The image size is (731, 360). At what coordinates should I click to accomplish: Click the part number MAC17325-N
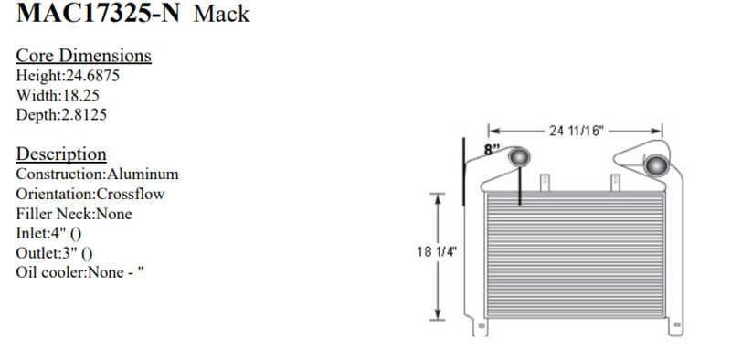98,13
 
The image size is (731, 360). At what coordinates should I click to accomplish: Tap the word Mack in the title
221,14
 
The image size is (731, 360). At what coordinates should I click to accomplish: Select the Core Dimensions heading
84,56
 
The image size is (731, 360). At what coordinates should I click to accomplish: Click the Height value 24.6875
93,75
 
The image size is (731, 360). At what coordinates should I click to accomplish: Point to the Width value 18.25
80,95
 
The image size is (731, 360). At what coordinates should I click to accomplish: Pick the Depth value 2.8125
84,115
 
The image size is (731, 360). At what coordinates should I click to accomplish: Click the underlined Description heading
61,154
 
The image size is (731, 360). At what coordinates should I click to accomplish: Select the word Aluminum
143,174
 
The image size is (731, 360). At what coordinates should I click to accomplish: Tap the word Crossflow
130,194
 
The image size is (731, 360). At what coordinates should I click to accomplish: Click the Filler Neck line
74,214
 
